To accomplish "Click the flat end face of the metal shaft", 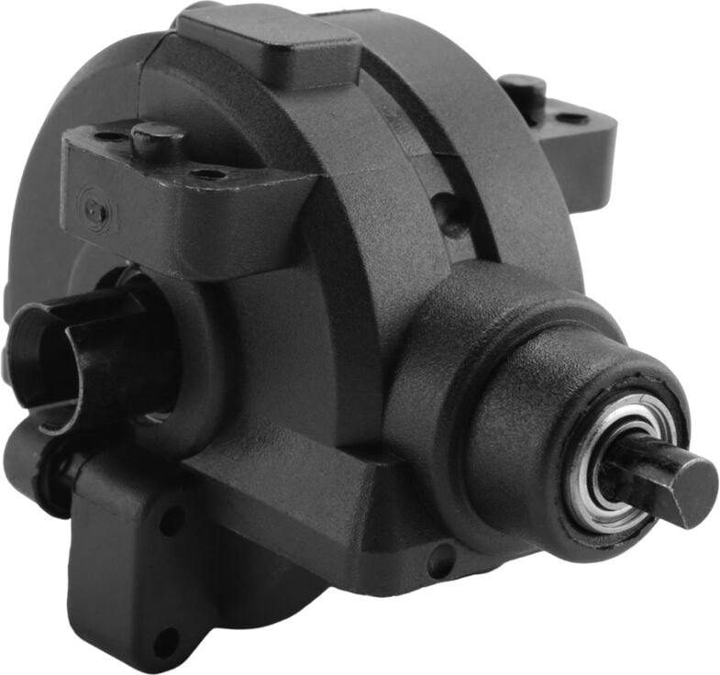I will [694, 492].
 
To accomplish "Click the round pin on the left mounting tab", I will [159, 139].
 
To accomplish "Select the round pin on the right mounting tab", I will [523, 89].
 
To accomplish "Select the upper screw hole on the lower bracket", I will [172, 521].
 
